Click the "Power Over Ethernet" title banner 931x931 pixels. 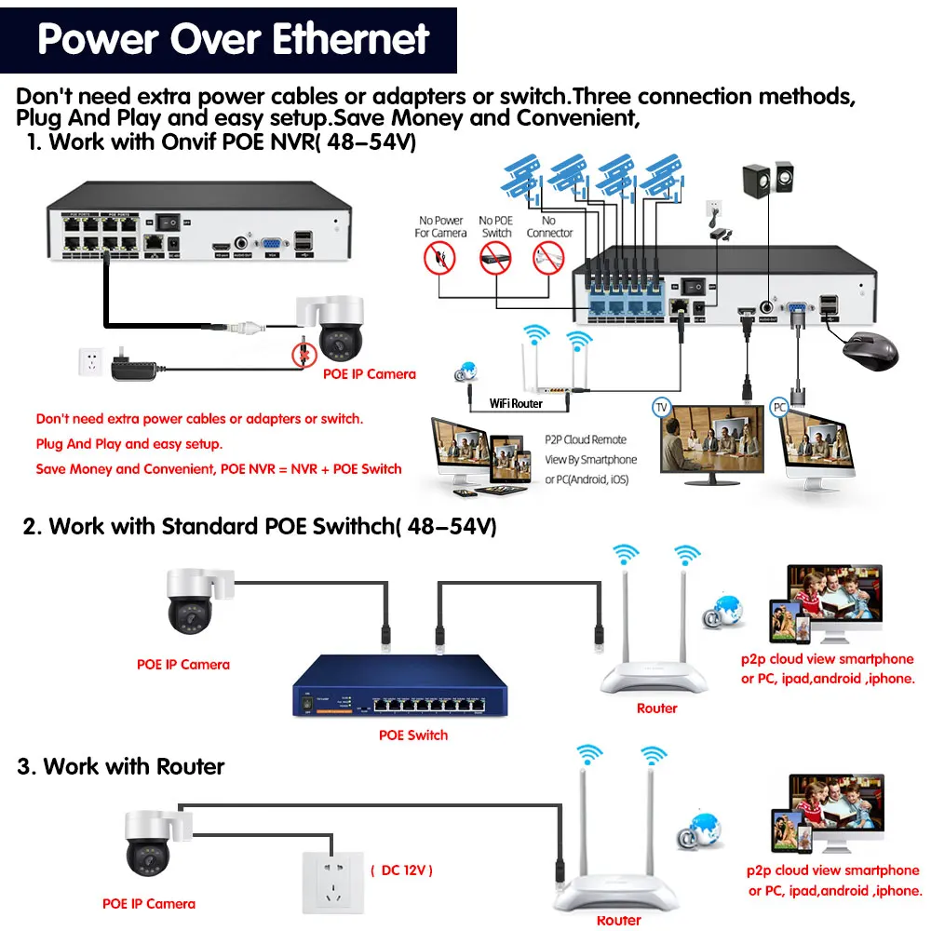click(x=233, y=39)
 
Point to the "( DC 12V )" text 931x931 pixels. click(x=401, y=870)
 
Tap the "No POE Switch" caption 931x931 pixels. click(x=496, y=227)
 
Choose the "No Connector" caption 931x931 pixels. click(x=549, y=227)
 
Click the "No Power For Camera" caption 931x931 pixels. click(x=440, y=227)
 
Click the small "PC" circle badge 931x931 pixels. click(x=780, y=407)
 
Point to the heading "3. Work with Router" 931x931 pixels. click(x=121, y=767)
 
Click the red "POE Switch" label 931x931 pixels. click(x=413, y=735)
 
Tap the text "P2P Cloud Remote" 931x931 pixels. click(x=585, y=439)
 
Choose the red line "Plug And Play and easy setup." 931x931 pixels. click(x=129, y=444)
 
